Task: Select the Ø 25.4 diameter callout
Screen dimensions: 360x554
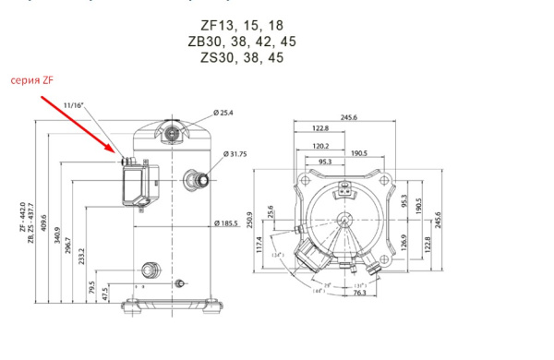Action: [x=225, y=113]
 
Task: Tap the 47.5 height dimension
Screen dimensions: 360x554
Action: [x=106, y=294]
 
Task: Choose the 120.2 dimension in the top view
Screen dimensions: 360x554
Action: [x=321, y=146]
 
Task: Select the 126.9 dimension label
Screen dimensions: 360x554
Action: [x=403, y=243]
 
